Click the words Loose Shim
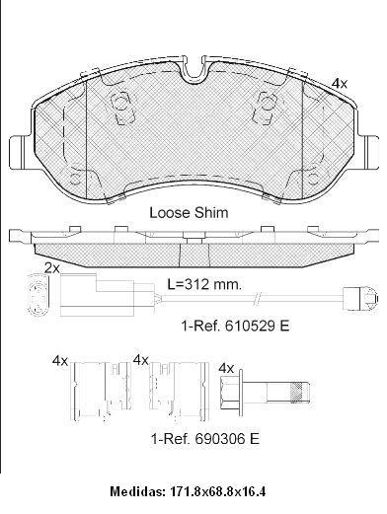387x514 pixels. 189,212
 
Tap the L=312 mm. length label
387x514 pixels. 204,284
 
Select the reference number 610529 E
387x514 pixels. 258,326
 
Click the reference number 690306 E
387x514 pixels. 227,438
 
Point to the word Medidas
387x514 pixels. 137,491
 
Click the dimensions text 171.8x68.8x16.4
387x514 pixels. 217,491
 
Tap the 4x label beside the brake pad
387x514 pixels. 340,84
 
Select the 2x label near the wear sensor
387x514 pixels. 52,268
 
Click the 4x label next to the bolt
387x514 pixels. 226,368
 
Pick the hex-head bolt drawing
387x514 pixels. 265,392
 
